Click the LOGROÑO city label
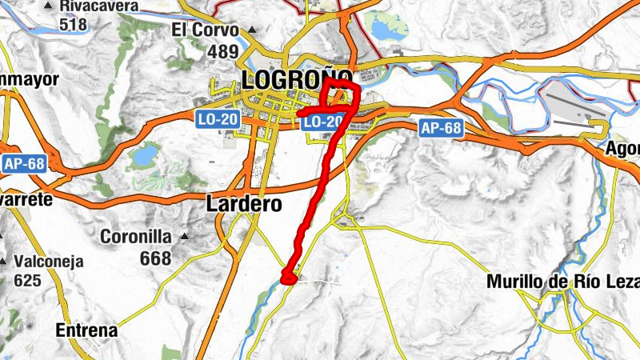click(296, 79)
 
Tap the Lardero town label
click(244, 204)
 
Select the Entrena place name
click(86, 330)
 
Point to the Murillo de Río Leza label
click(563, 282)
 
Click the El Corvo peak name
click(206, 30)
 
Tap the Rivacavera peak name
click(98, 6)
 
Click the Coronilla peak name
click(136, 237)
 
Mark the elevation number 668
click(155, 258)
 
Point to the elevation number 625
click(27, 281)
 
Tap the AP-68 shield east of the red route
click(441, 127)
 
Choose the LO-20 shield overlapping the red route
click(324, 122)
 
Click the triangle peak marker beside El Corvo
click(251, 30)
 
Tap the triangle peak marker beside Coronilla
click(185, 237)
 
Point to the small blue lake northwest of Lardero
click(145, 155)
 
